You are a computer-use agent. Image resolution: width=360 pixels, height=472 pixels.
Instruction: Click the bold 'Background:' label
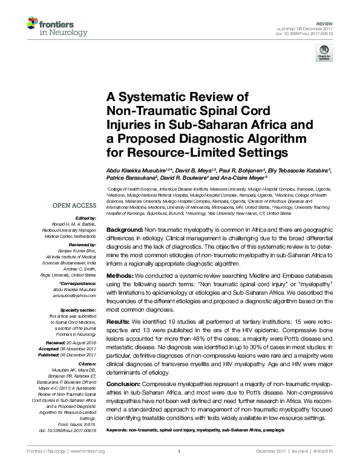click(124, 232)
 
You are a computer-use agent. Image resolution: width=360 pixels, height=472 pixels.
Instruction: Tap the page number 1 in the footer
click(180, 451)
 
